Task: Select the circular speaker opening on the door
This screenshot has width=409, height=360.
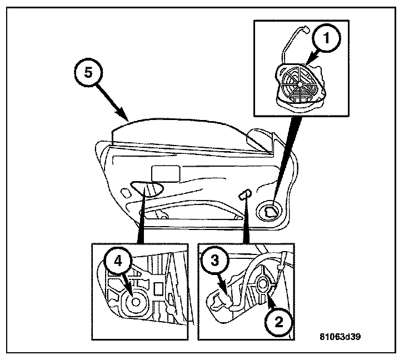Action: point(272,211)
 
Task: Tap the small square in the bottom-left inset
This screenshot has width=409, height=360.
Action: point(158,288)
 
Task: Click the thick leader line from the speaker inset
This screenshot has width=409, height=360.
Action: point(285,156)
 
